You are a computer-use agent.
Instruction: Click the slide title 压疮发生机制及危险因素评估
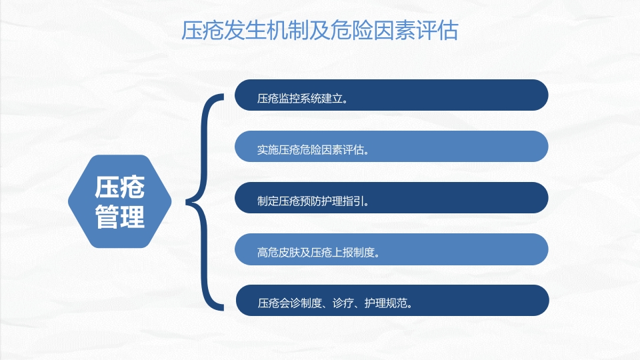pyautogui.click(x=320, y=30)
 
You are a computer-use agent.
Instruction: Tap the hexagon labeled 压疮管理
pyautogui.click(x=120, y=201)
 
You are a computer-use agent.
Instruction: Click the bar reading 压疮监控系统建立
pyautogui.click(x=391, y=95)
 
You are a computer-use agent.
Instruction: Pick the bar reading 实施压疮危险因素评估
pyautogui.click(x=391, y=146)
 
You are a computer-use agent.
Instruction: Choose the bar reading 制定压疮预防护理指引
pyautogui.click(x=391, y=198)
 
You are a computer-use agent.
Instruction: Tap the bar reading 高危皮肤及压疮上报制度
pyautogui.click(x=391, y=249)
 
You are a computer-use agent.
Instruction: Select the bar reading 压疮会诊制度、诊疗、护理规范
pyautogui.click(x=391, y=301)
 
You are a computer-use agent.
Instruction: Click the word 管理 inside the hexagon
pyautogui.click(x=120, y=216)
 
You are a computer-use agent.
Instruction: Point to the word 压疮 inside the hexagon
pyautogui.click(x=120, y=187)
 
